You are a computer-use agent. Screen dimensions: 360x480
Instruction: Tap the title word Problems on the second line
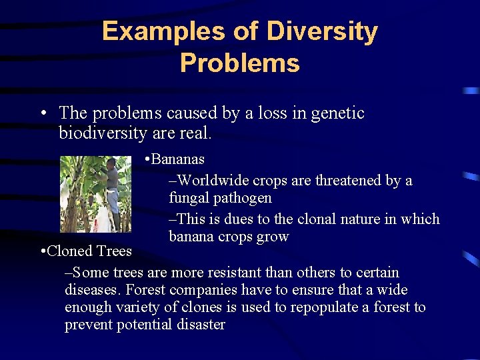pyautogui.click(x=239, y=63)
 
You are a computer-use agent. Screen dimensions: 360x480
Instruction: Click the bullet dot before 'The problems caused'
pyautogui.click(x=42, y=114)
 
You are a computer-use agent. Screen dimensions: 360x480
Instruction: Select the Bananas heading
pyautogui.click(x=178, y=159)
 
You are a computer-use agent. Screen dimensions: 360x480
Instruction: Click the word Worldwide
pyautogui.click(x=212, y=180)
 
